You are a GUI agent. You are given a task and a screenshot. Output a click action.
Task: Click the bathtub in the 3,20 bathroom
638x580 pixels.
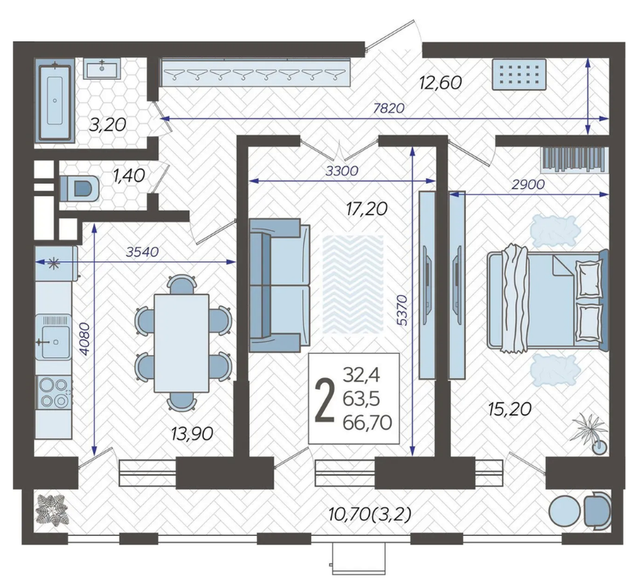(55, 100)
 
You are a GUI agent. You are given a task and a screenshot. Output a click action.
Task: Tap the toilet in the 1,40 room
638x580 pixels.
(80, 189)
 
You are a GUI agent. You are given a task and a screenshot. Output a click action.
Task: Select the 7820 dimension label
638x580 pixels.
(389, 108)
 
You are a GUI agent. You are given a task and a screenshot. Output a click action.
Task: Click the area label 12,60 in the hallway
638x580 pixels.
(440, 83)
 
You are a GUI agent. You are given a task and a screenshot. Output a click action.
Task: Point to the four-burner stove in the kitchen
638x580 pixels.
(53, 393)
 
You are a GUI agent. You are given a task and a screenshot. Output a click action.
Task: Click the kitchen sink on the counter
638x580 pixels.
(53, 337)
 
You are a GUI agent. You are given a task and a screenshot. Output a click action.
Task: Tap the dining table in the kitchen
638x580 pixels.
(181, 343)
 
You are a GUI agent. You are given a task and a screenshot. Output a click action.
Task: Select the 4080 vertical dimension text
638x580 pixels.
(84, 339)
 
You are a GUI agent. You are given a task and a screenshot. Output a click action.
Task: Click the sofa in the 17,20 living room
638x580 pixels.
(280, 285)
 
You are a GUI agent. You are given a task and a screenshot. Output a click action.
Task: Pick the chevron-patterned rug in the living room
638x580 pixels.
(352, 284)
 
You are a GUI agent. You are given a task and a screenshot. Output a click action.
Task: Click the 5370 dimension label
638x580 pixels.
(402, 309)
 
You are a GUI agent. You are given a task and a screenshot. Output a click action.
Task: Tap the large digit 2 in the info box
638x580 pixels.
(325, 400)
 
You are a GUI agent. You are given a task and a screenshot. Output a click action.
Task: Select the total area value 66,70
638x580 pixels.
(367, 423)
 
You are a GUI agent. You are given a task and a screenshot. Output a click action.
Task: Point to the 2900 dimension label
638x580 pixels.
(528, 185)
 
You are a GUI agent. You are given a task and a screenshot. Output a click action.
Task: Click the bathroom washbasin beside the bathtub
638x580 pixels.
(102, 68)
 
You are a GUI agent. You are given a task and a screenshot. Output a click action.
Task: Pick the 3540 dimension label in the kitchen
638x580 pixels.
(142, 253)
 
